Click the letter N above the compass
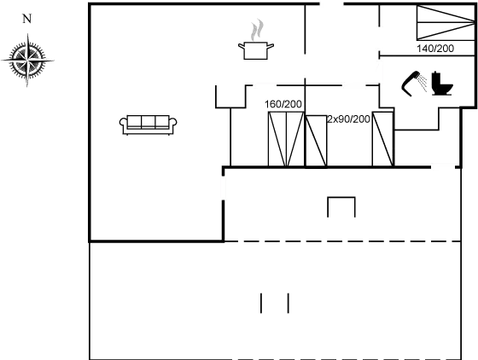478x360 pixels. tap(27, 19)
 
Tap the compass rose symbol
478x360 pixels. tap(27, 61)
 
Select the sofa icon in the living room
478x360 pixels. tap(148, 125)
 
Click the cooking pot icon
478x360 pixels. tap(256, 50)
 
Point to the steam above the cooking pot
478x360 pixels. tap(257, 30)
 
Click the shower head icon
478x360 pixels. tap(411, 84)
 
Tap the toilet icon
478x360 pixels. tap(442, 84)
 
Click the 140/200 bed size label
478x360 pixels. tap(435, 49)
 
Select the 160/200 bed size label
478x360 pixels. tap(283, 104)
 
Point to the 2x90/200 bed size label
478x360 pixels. tap(348, 119)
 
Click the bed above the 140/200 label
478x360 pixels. tap(446, 22)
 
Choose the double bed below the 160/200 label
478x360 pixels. tap(286, 139)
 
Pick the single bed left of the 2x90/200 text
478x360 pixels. tap(317, 141)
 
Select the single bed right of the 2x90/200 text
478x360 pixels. tap(382, 139)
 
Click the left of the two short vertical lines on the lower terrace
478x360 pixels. tap(261, 303)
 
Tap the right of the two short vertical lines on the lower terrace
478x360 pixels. tap(289, 303)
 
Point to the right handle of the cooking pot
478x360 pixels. tap(271, 46)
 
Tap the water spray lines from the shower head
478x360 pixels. tap(423, 83)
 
